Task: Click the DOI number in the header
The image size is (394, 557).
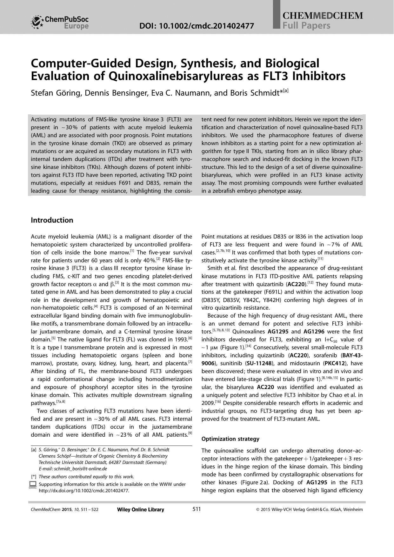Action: tap(197, 26)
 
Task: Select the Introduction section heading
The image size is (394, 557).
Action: tap(52, 220)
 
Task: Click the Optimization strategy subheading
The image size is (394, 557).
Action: tap(230, 439)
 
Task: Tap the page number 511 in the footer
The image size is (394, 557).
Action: tap(197, 509)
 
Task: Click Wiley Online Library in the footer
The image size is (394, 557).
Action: tap(141, 510)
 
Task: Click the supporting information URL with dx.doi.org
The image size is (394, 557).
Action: tap(84, 491)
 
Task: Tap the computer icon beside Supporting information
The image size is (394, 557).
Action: tap(33, 485)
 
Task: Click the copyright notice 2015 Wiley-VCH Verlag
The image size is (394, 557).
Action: tap(309, 510)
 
